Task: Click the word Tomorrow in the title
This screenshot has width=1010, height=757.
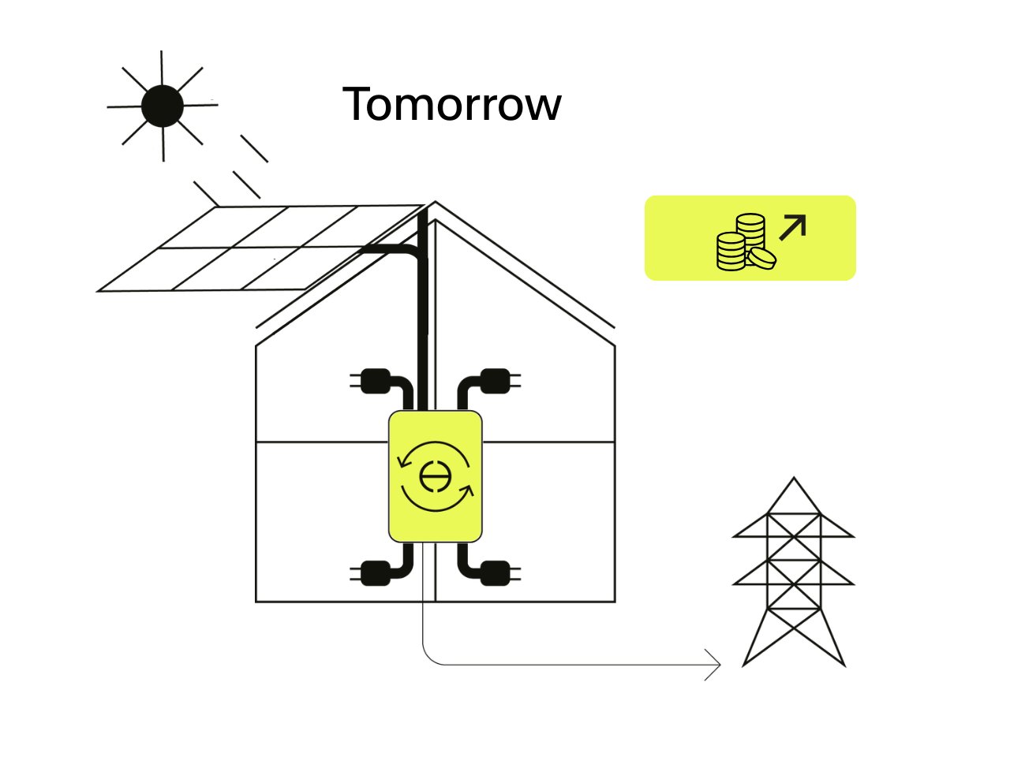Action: pyautogui.click(x=451, y=104)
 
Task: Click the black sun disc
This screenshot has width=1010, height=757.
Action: pyautogui.click(x=163, y=106)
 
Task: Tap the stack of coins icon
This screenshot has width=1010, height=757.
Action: pyautogui.click(x=744, y=243)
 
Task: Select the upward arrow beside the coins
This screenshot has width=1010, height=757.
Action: pyautogui.click(x=793, y=227)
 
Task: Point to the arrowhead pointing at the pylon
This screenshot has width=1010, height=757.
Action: pyautogui.click(x=715, y=666)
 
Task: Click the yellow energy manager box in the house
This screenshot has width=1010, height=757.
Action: pyautogui.click(x=435, y=475)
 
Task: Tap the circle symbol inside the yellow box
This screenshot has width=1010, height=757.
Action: pyautogui.click(x=433, y=476)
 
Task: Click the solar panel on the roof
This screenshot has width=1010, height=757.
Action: pyautogui.click(x=260, y=248)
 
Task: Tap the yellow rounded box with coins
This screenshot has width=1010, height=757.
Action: pyautogui.click(x=750, y=238)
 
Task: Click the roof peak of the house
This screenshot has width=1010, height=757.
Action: pyautogui.click(x=435, y=203)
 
